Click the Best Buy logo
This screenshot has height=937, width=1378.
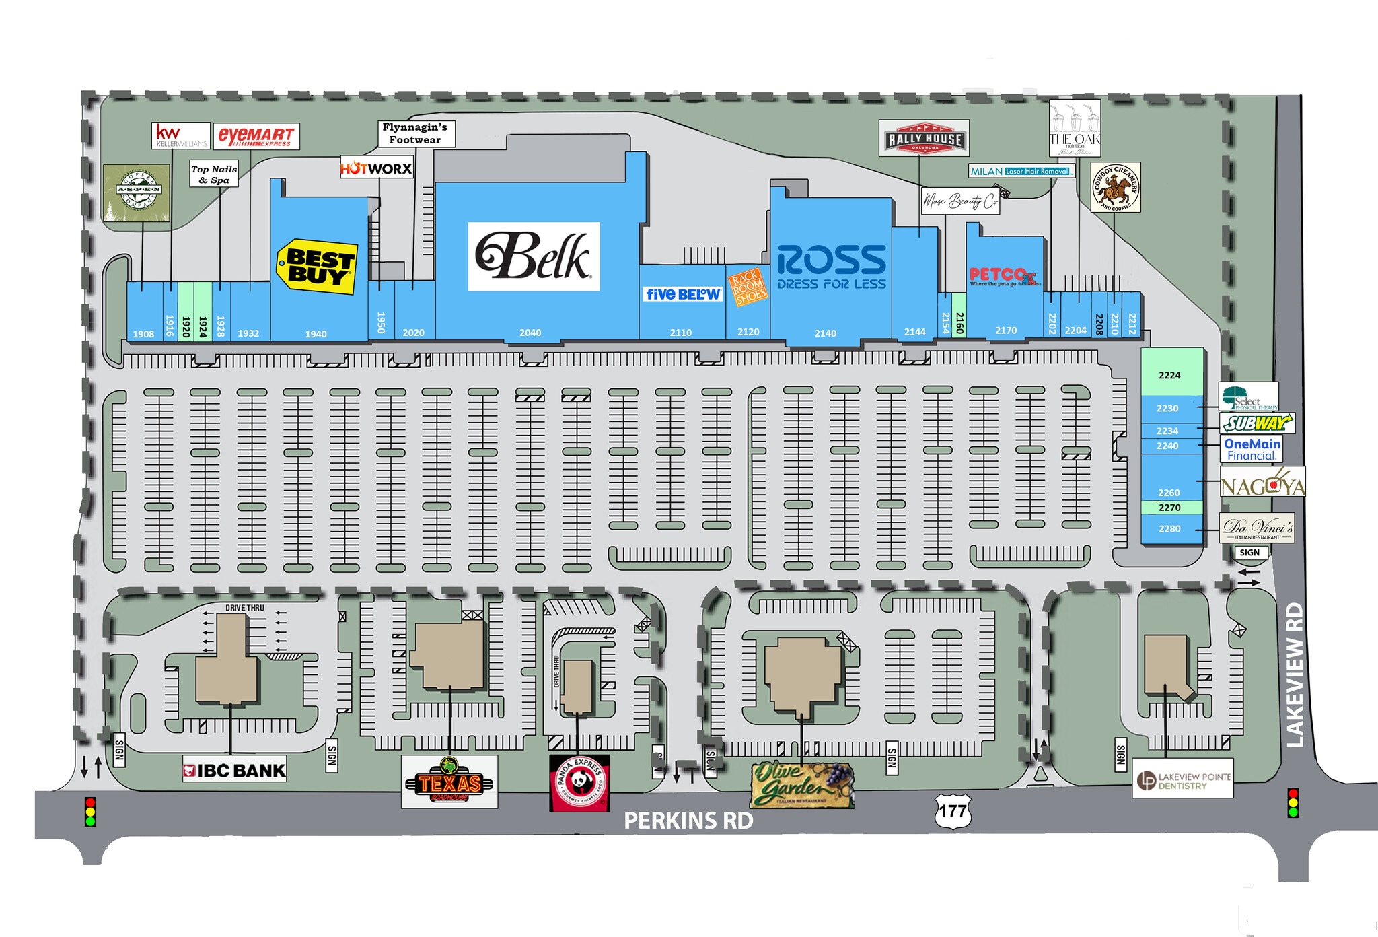[x=316, y=267]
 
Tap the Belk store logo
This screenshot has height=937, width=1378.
[x=533, y=256]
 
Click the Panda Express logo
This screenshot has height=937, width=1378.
[x=579, y=783]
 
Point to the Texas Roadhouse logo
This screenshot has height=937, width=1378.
[x=449, y=782]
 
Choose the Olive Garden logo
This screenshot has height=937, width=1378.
[x=802, y=784]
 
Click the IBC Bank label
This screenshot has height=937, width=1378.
[x=235, y=771]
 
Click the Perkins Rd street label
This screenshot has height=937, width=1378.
[x=688, y=821]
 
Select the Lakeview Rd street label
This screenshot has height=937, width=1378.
[x=1294, y=674]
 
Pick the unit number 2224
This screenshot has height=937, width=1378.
[x=1169, y=375]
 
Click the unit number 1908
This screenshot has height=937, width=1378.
[x=143, y=334]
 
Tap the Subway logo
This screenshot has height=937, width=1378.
[x=1257, y=423]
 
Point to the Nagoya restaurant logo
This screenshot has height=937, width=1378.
[x=1262, y=485]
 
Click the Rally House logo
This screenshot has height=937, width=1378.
[x=924, y=139]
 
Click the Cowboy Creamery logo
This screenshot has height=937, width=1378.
[x=1115, y=187]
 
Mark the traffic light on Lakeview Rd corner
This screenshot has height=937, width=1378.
[x=1292, y=803]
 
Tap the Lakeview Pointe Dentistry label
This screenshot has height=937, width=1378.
[x=1183, y=779]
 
